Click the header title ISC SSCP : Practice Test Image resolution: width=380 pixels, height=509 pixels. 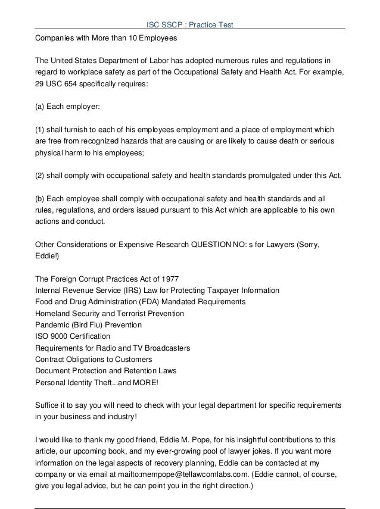click(x=190, y=24)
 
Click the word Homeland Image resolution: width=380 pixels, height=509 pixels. click(x=52, y=313)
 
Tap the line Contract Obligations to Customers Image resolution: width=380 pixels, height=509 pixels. click(x=94, y=359)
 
